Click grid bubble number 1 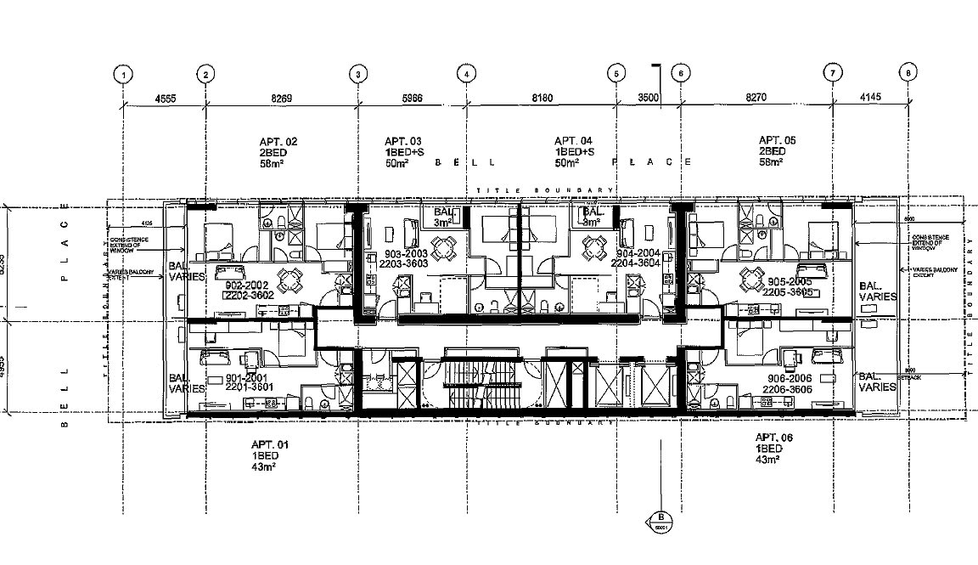(x=124, y=74)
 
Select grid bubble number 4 (x=466, y=74)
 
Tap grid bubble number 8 (x=908, y=74)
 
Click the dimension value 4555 (x=165, y=99)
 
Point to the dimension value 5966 (x=412, y=99)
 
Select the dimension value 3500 (x=649, y=99)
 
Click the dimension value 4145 (x=870, y=99)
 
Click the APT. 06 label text (x=775, y=438)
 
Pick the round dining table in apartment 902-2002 (x=290, y=279)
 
